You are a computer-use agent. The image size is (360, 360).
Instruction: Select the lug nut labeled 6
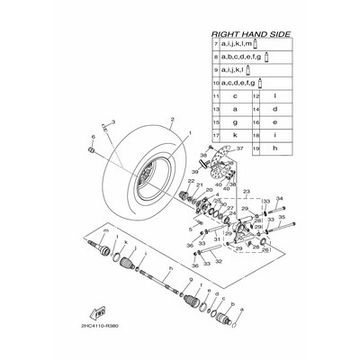[93, 149]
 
